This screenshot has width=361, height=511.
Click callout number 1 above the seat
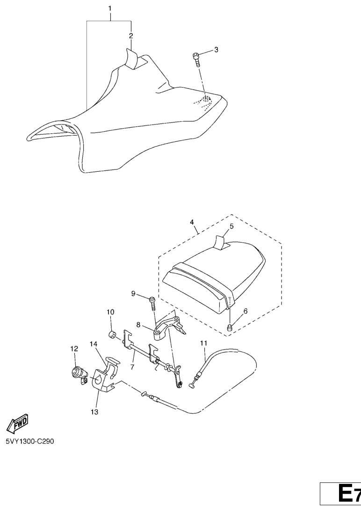tap(110, 8)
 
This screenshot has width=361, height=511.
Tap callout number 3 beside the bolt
tap(216, 50)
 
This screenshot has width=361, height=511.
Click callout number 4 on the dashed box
tap(192, 222)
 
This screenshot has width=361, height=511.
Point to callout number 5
tap(231, 226)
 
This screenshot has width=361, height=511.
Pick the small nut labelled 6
tap(230, 327)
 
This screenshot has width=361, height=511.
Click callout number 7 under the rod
tap(132, 367)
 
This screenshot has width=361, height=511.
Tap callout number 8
tap(138, 324)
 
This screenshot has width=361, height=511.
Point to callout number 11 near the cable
tap(203, 343)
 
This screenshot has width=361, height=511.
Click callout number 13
tap(94, 412)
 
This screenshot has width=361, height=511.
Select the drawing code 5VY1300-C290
tap(30, 441)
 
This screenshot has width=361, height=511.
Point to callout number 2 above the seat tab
tap(131, 36)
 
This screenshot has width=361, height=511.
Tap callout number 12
tap(74, 349)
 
